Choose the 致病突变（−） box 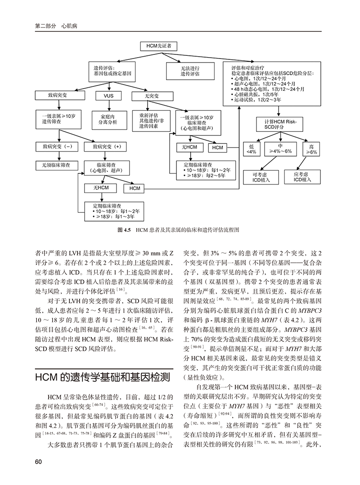pos(57,147)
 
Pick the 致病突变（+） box pos(107,147)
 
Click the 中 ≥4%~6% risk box pos(280,149)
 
